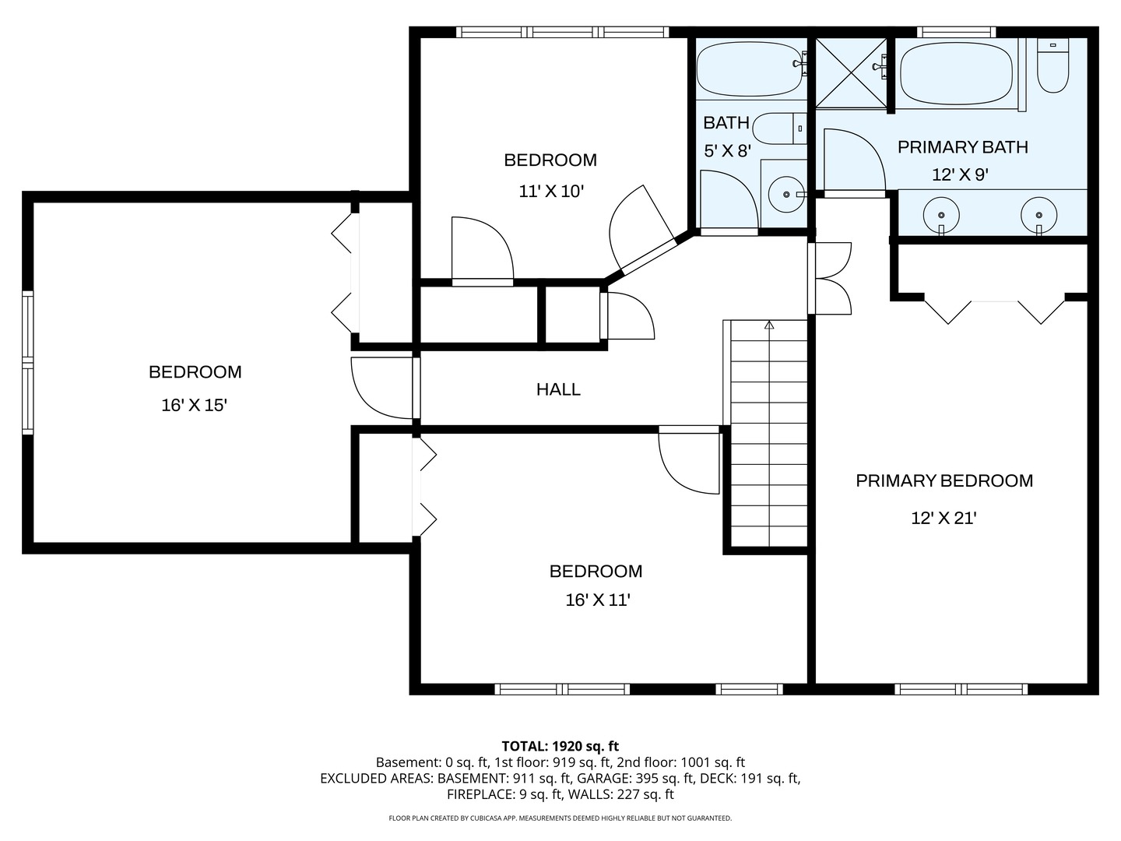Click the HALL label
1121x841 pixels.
558,389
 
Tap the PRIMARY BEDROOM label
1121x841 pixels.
944,480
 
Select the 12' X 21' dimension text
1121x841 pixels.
944,519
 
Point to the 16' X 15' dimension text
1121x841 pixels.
194,405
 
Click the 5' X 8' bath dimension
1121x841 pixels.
727,150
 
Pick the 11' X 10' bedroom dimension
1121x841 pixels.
551,192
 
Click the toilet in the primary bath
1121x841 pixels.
1053,65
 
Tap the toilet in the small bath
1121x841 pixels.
779,128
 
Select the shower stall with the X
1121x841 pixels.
852,73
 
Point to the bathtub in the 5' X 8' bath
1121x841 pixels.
750,69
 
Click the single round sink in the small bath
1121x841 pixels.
786,194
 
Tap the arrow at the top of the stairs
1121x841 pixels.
769,325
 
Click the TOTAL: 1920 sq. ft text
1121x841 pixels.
560,747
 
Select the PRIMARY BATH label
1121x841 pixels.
963,147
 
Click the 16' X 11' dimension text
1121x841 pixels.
598,600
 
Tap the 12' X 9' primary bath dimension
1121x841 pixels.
960,175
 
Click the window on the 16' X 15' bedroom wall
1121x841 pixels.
27,363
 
